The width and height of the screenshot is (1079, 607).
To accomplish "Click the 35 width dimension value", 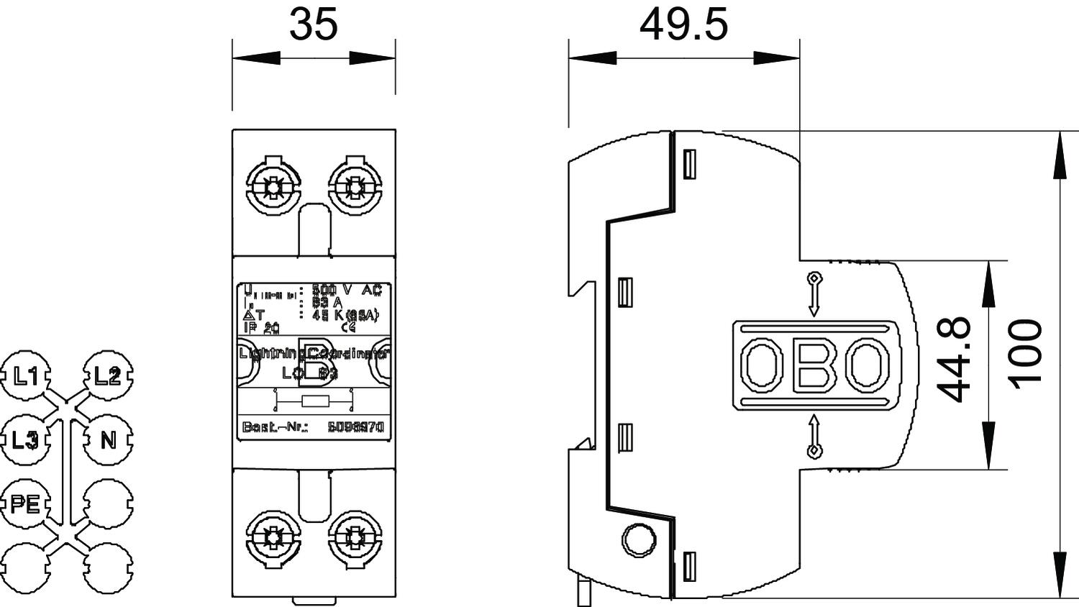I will (313, 24).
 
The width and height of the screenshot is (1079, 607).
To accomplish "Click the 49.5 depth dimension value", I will (683, 24).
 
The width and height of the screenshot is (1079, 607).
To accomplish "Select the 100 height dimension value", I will (1024, 354).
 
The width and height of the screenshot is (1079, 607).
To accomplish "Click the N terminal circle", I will (108, 439).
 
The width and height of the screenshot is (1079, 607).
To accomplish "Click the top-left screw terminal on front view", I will (273, 188).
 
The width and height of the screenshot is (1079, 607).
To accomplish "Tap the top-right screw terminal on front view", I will (354, 188).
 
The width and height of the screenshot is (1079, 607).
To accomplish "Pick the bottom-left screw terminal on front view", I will (273, 537).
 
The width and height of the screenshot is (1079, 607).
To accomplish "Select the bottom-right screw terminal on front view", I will (354, 537).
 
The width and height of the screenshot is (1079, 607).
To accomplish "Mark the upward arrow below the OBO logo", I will (814, 436).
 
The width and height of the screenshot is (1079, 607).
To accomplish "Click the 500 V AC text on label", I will (346, 290).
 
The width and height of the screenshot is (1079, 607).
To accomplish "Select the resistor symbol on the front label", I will (315, 401).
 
